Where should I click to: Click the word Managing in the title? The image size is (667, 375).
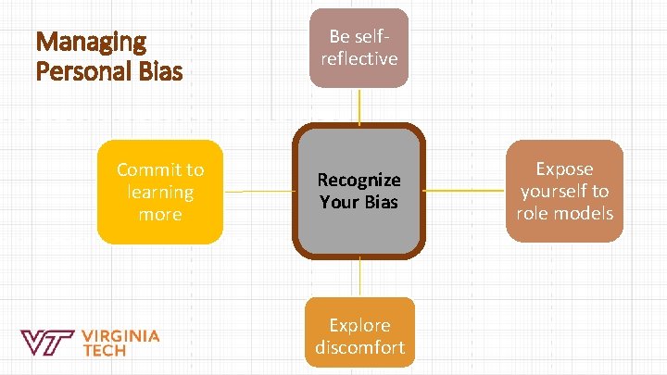pyautogui.click(x=90, y=42)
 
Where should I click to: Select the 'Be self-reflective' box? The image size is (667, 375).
pyautogui.click(x=359, y=47)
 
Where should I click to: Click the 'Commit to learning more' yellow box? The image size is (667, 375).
pyautogui.click(x=160, y=192)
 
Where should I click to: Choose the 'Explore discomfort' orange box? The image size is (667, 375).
pyautogui.click(x=359, y=331)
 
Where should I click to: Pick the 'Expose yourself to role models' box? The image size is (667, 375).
pyautogui.click(x=564, y=191)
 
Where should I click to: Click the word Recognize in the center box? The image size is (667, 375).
pyautogui.click(x=359, y=180)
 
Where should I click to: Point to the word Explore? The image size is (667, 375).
pyautogui.click(x=359, y=325)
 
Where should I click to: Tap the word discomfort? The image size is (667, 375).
pyautogui.click(x=359, y=347)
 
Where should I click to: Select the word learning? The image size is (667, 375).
pyautogui.click(x=160, y=192)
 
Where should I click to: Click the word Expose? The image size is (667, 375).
pyautogui.click(x=564, y=169)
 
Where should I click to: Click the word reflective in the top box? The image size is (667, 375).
pyautogui.click(x=359, y=58)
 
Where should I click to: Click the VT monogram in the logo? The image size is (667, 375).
pyautogui.click(x=47, y=343)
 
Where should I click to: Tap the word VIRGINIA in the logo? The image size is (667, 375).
pyautogui.click(x=120, y=335)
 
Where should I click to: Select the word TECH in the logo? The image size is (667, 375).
pyautogui.click(x=105, y=351)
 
